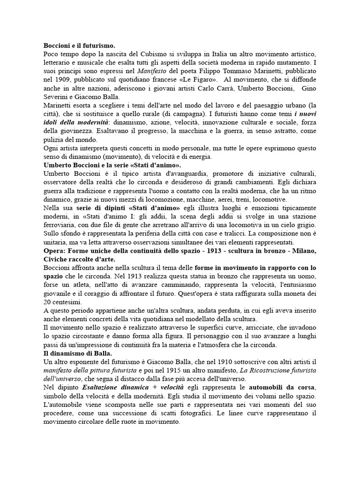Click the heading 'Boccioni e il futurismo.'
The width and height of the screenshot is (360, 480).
click(x=79, y=46)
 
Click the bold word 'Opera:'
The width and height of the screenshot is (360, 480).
click(x=56, y=250)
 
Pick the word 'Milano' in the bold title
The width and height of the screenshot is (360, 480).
click(x=304, y=250)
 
